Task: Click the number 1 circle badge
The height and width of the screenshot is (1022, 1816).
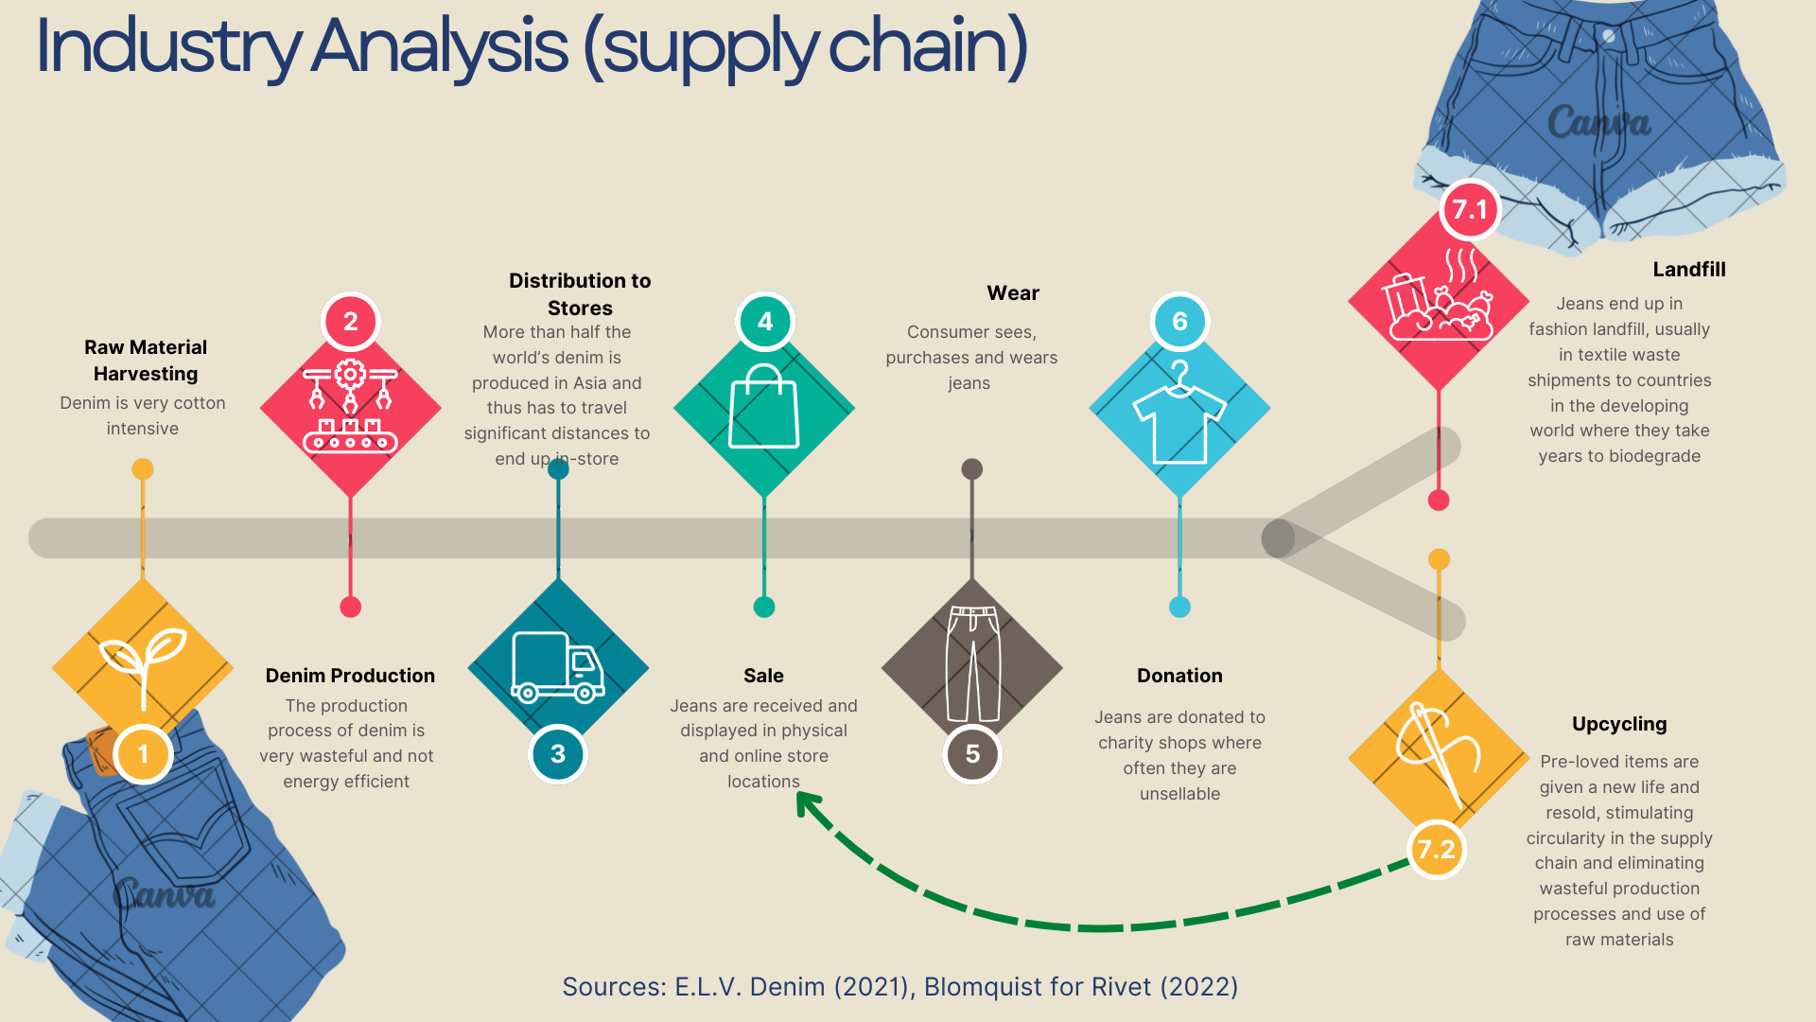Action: click(143, 754)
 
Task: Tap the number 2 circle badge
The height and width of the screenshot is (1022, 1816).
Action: click(350, 322)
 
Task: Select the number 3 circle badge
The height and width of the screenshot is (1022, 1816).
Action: click(558, 754)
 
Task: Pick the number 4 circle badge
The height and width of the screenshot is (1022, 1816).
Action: click(764, 322)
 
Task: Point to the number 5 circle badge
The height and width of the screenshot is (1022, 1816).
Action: click(972, 754)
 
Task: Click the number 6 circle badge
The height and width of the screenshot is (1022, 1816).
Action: click(1179, 322)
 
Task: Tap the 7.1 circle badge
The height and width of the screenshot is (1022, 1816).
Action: click(1469, 209)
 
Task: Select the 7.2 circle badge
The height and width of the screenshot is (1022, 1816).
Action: click(1436, 849)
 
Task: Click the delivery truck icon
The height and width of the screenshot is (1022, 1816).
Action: click(558, 667)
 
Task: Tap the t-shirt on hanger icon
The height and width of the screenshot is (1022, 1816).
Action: click(1179, 413)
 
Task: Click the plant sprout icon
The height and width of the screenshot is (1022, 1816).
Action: click(143, 662)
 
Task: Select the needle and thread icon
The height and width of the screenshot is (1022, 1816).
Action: click(1438, 752)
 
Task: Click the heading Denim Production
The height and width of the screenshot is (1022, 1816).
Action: click(350, 676)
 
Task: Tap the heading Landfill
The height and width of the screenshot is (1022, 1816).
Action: click(1688, 270)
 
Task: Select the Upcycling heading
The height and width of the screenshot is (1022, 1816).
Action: click(1618, 724)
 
